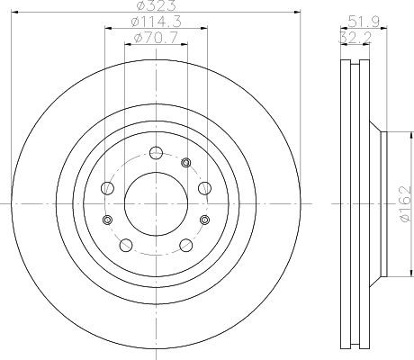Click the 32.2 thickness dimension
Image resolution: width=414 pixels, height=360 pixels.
pos(355,37)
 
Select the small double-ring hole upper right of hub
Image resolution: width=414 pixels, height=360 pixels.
pos(186,163)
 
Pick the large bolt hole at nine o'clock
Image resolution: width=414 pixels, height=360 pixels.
pos(107,187)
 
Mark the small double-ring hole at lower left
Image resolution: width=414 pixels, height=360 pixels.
pos(108,220)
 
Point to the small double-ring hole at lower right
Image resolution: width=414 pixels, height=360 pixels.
pos(203,220)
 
